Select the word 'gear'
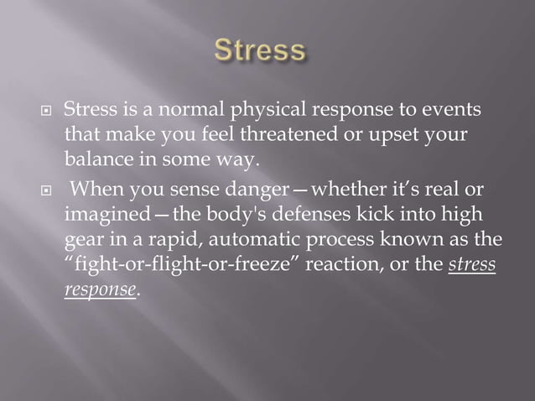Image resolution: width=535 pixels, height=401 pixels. [x=84, y=240]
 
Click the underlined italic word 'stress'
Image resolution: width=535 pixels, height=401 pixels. [x=472, y=264]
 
